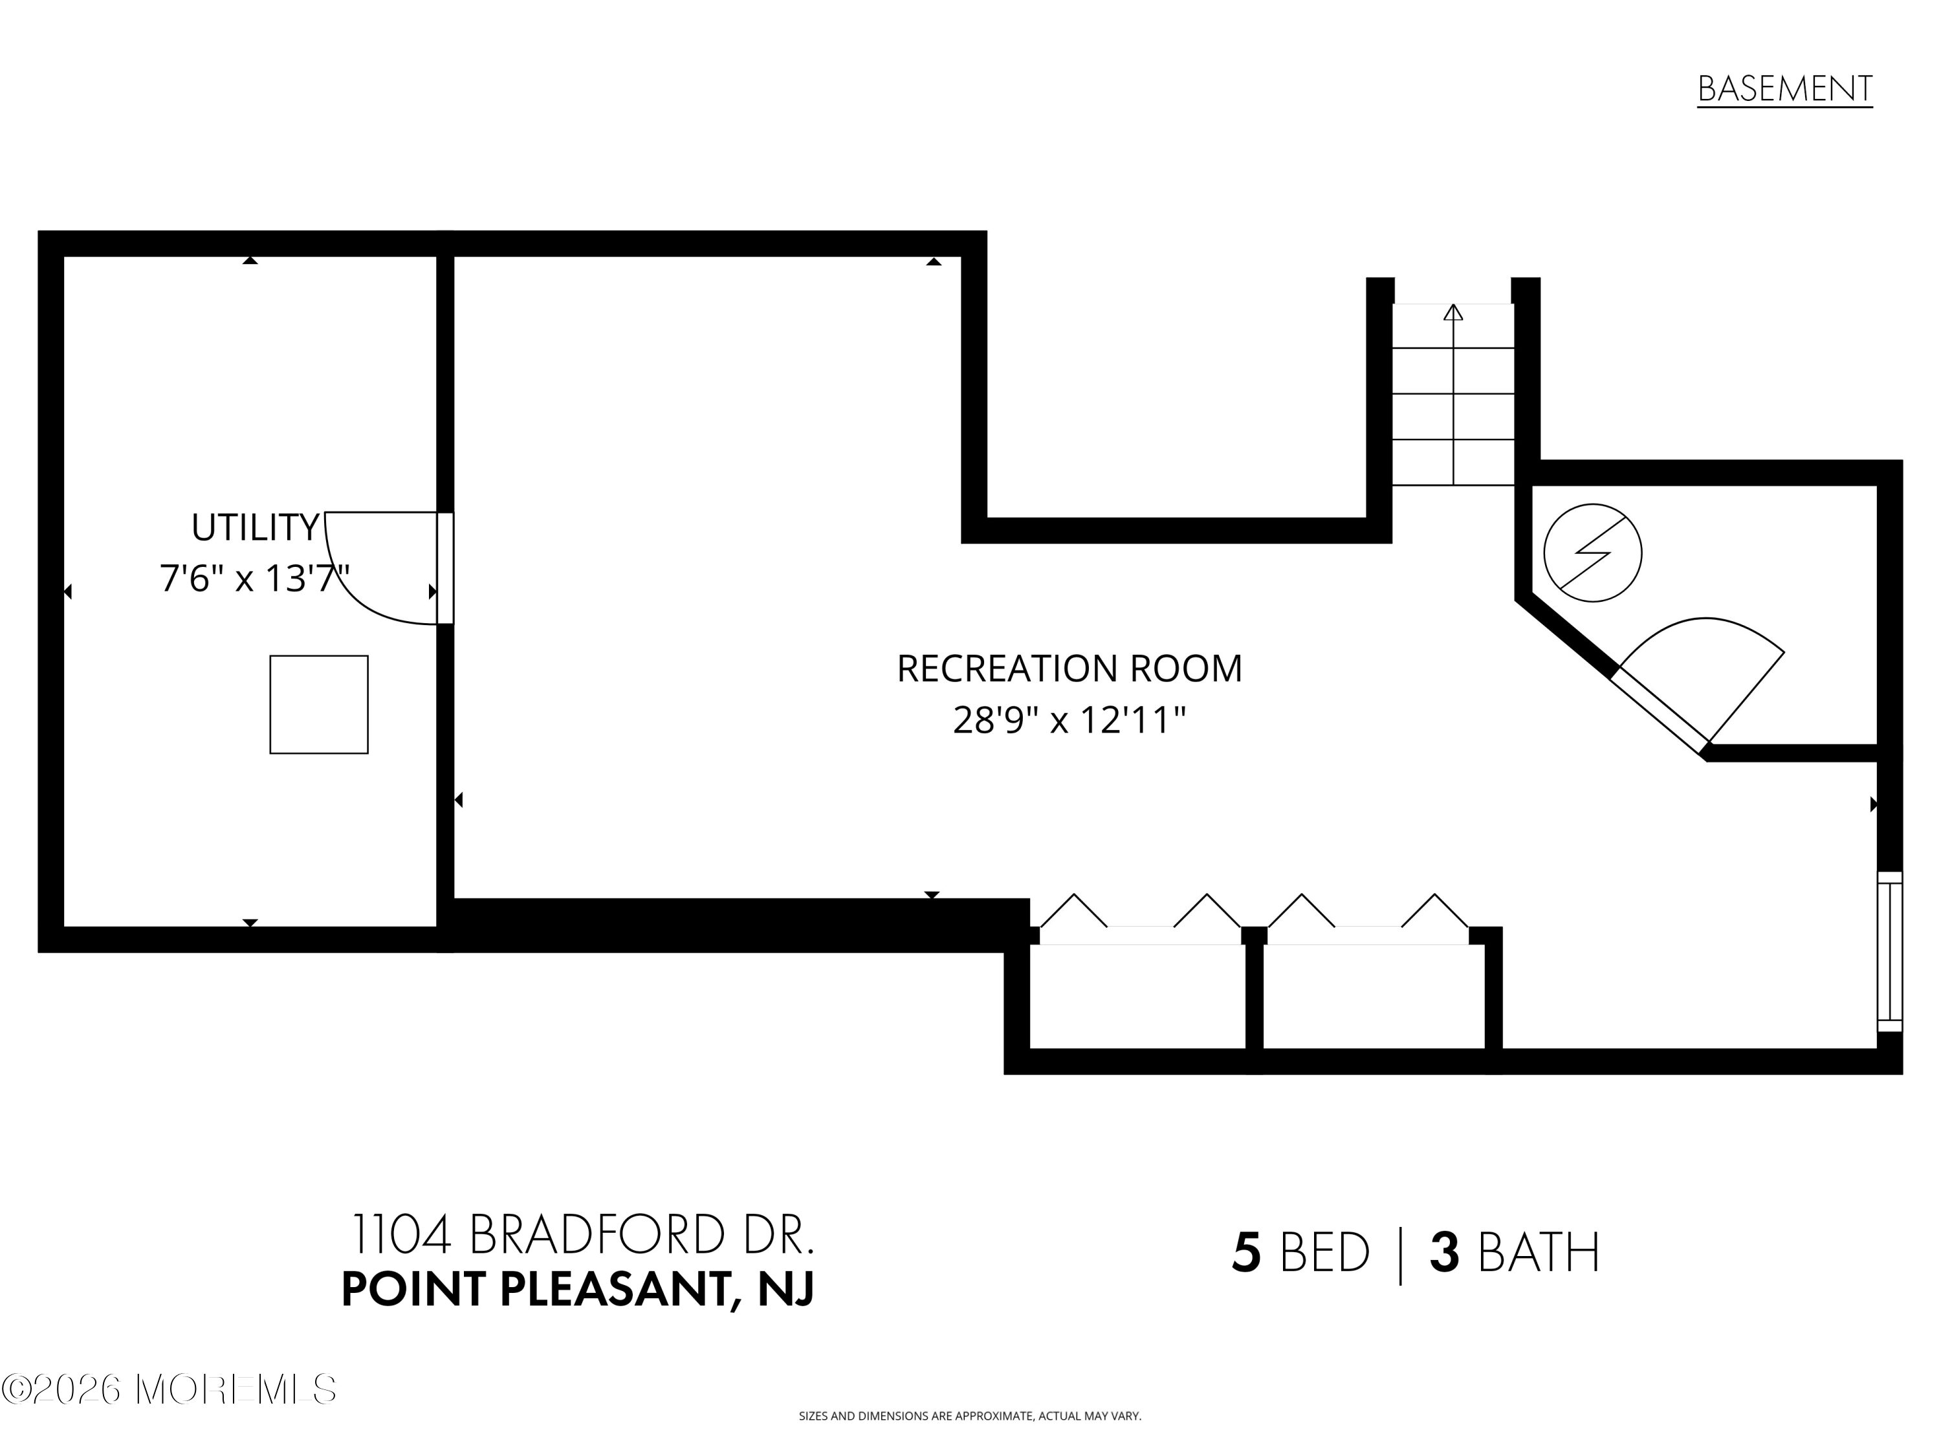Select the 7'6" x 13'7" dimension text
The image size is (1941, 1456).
click(254, 579)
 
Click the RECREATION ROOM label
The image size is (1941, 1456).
click(1069, 668)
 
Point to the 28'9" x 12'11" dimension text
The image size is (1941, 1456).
click(1069, 720)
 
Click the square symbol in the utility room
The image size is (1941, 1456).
click(318, 704)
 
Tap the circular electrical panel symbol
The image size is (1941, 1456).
click(1593, 553)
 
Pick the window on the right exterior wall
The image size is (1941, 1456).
click(1890, 951)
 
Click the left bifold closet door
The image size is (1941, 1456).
click(1140, 918)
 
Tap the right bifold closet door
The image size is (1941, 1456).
click(1368, 918)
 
